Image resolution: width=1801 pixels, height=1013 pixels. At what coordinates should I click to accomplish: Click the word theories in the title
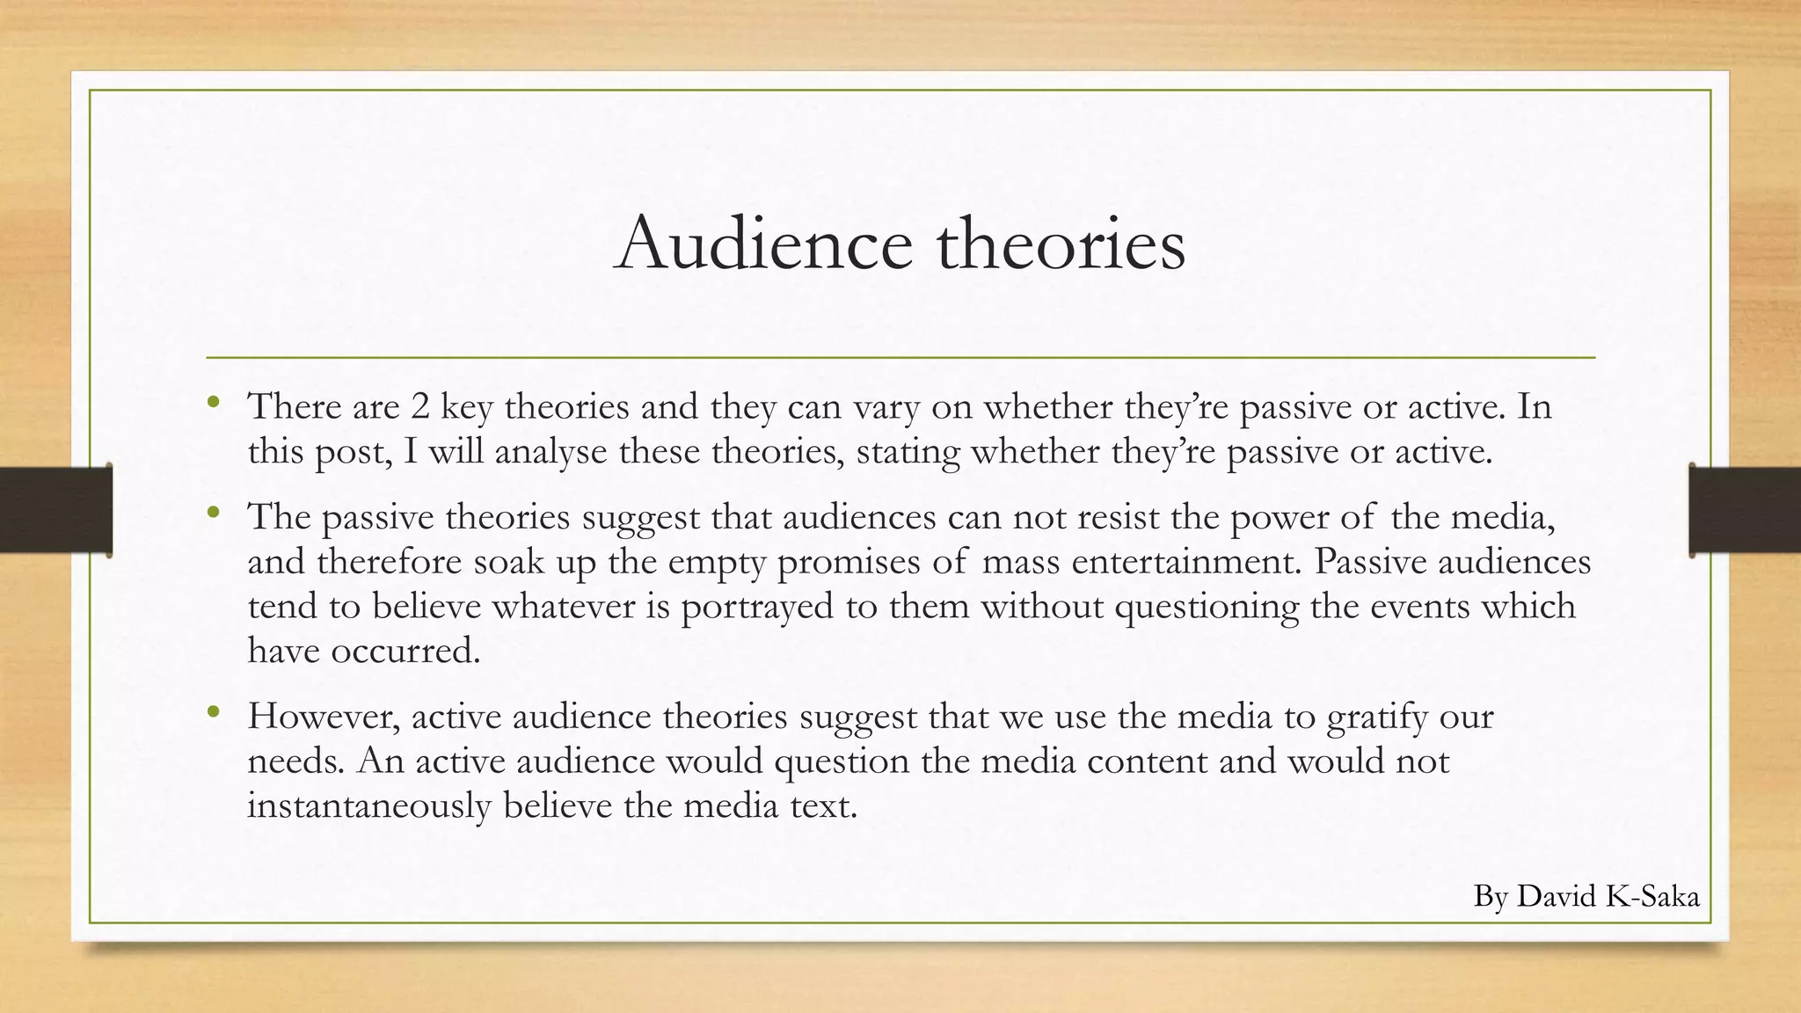[x=1061, y=244]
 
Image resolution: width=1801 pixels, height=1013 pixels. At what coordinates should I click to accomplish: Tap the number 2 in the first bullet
[x=419, y=406]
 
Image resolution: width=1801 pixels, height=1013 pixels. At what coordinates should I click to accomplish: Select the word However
[x=324, y=717]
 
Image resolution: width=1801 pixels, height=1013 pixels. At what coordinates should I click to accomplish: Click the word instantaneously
[x=369, y=805]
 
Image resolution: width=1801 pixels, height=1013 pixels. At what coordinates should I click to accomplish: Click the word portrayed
[x=757, y=608]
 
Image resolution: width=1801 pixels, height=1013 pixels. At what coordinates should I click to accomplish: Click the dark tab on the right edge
[x=1745, y=509]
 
